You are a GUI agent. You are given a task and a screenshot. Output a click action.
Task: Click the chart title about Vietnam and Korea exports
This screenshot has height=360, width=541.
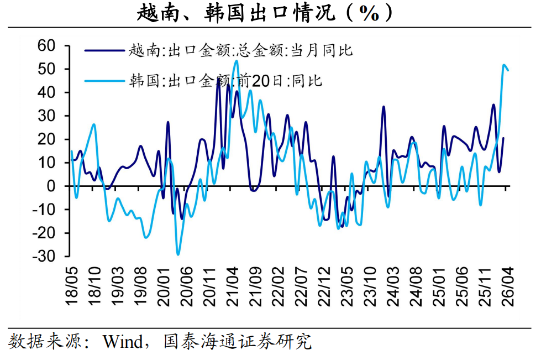[265, 13]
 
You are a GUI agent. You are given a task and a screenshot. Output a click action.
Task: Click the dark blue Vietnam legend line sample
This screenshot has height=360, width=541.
[104, 51]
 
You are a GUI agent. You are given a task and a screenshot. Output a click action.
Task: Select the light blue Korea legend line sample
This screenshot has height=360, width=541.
[104, 81]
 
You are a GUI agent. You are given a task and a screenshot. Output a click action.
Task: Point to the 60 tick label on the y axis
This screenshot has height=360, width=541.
[46, 45]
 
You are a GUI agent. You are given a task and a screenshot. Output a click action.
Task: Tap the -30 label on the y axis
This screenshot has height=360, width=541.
[44, 257]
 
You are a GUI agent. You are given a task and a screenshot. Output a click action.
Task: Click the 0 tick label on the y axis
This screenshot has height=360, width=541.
[51, 186]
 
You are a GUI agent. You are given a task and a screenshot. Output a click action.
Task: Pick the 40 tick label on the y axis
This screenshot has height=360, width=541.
[46, 92]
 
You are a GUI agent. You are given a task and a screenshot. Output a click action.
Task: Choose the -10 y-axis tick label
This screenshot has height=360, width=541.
[44, 210]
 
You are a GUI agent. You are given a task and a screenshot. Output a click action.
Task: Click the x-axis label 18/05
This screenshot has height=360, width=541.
[72, 286]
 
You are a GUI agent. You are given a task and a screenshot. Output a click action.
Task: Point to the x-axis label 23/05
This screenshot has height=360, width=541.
[348, 286]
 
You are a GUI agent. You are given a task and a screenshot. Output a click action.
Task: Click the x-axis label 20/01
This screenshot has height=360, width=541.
[164, 286]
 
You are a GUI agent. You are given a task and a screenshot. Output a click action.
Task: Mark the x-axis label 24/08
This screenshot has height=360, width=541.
[417, 286]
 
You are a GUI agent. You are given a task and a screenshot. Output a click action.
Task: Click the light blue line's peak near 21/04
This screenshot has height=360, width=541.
[237, 61]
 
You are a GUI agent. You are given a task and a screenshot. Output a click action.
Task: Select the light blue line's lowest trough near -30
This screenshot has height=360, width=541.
[178, 254]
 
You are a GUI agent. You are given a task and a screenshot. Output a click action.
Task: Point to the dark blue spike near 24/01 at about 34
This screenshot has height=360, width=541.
[384, 107]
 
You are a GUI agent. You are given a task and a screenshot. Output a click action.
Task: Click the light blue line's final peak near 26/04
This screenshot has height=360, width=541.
[504, 65]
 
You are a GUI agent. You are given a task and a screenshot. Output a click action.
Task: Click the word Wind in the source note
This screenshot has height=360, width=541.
[123, 342]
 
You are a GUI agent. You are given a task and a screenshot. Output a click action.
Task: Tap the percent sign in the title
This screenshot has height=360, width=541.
[369, 13]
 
